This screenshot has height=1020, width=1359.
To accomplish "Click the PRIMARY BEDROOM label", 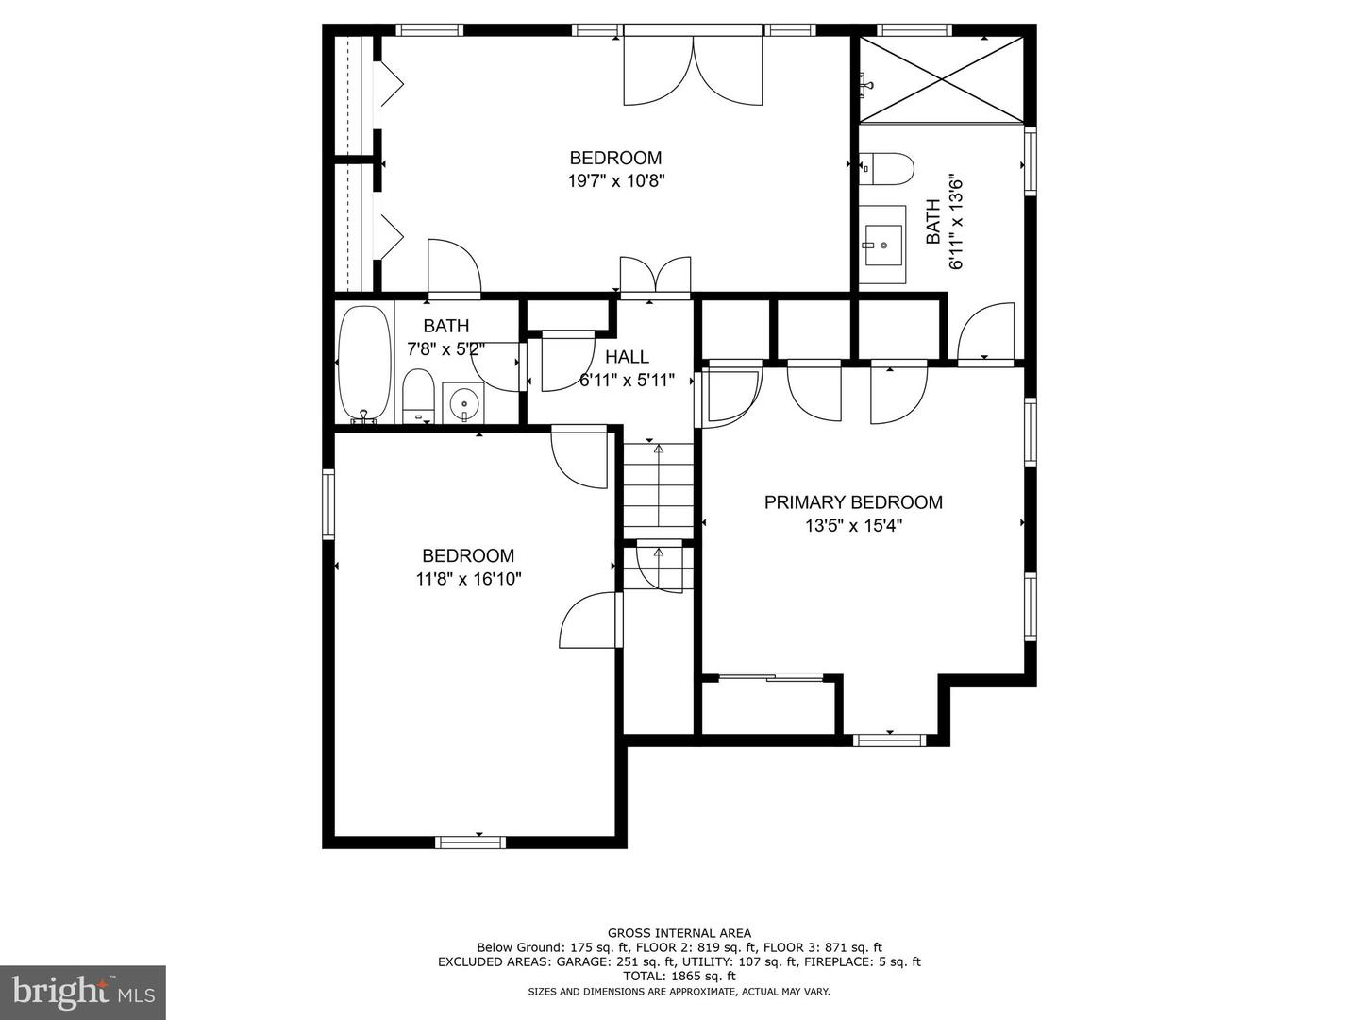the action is pyautogui.click(x=852, y=502).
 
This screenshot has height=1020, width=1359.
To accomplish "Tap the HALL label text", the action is pyautogui.click(x=627, y=357).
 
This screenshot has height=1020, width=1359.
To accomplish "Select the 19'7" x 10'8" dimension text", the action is pyautogui.click(x=616, y=181).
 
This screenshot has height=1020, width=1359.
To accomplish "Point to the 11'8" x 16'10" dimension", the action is pyautogui.click(x=469, y=579).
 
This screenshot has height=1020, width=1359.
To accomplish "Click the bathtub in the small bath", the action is pyautogui.click(x=365, y=365).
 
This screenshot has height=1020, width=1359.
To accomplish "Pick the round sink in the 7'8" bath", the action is pyautogui.click(x=463, y=403).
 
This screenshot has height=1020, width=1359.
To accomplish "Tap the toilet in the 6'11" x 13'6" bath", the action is pyautogui.click(x=886, y=168).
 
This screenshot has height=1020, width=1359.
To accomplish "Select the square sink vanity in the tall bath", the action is pyautogui.click(x=882, y=245).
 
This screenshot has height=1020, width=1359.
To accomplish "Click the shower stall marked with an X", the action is pyautogui.click(x=941, y=79).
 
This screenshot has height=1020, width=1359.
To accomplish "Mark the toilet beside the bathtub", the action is pyautogui.click(x=417, y=397).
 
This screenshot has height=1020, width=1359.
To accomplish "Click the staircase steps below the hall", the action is pyautogui.click(x=658, y=491).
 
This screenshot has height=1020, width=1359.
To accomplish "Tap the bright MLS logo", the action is pyautogui.click(x=83, y=993).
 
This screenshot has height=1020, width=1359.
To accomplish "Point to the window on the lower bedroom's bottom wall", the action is pyautogui.click(x=470, y=841).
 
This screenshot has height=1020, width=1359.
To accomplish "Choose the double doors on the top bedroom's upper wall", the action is pyautogui.click(x=693, y=70).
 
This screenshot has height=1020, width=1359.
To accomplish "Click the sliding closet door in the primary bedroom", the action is pyautogui.click(x=771, y=678).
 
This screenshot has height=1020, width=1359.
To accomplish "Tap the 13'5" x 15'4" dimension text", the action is pyautogui.click(x=853, y=526).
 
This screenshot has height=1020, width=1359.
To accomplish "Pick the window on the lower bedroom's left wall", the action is pyautogui.click(x=328, y=504).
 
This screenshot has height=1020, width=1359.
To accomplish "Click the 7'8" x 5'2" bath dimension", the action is pyautogui.click(x=445, y=349).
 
